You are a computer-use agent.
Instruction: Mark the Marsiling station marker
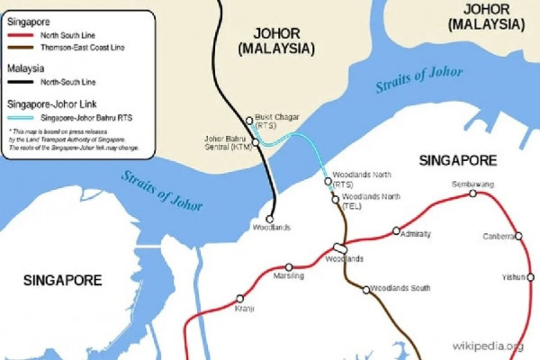289,267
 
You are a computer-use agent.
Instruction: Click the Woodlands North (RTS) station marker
328,180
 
